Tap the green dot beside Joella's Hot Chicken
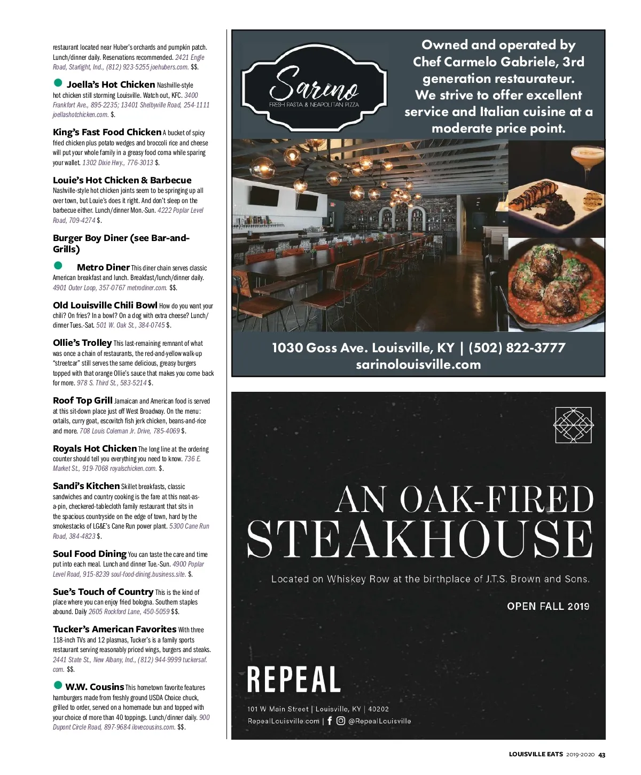[58, 83]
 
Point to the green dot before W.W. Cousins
[58, 685]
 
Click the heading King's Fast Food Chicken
[107, 132]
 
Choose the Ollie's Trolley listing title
[82, 343]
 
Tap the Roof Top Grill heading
[83, 400]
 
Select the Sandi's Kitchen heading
[86, 486]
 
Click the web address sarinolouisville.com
[418, 365]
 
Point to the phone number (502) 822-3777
[517, 348]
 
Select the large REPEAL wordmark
[294, 680]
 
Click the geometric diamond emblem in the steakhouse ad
[573, 425]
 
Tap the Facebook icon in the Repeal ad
[329, 720]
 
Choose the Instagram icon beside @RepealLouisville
[340, 720]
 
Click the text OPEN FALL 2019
[548, 606]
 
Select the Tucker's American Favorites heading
[114, 629]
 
